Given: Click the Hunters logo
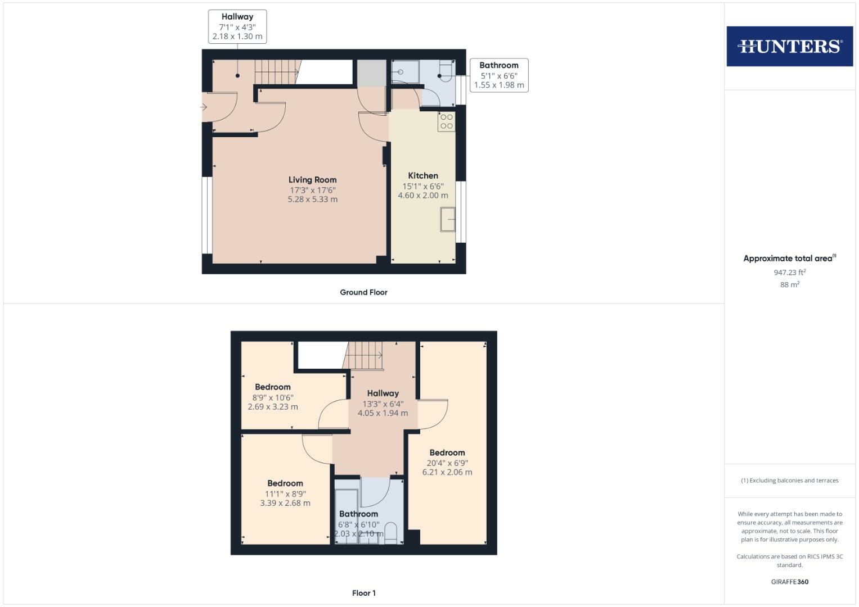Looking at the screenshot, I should [789, 46].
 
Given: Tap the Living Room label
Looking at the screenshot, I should [312, 180].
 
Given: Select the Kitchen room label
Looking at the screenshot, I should [423, 175].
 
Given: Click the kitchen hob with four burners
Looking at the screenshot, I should [447, 121].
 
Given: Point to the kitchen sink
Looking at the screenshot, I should [448, 219].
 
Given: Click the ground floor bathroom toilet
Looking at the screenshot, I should [446, 71].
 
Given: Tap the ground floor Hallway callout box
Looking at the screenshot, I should [237, 26].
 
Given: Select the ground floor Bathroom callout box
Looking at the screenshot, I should [499, 75].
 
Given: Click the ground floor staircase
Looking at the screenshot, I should [276, 72].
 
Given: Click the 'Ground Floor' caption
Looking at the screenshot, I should [363, 292].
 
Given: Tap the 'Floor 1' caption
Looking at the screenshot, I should [363, 593].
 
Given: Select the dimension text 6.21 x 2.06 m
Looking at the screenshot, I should [447, 472].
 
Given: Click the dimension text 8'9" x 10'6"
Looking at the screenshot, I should [273, 397].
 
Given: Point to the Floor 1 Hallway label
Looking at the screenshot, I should [383, 393].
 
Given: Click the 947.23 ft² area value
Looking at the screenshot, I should [789, 272].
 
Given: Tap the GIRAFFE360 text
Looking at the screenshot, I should [789, 582].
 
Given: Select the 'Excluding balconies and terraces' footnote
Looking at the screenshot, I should [789, 481].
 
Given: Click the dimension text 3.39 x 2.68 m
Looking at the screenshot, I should [285, 503].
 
